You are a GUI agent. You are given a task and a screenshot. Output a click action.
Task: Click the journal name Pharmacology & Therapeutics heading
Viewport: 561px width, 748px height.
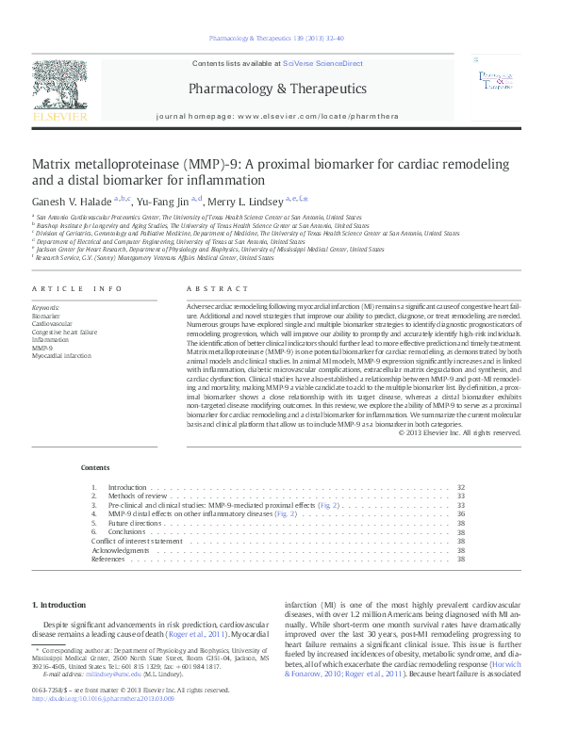(x=278, y=89)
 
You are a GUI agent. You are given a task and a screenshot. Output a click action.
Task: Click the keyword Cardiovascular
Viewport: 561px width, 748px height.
(x=50, y=323)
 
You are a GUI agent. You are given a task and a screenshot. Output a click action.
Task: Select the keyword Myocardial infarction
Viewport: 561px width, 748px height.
(x=62, y=356)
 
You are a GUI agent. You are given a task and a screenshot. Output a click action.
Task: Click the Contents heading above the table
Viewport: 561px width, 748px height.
(x=94, y=467)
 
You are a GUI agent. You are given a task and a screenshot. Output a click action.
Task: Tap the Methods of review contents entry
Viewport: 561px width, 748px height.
(x=138, y=496)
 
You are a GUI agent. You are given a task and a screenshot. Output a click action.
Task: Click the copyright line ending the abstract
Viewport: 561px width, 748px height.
(x=459, y=432)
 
